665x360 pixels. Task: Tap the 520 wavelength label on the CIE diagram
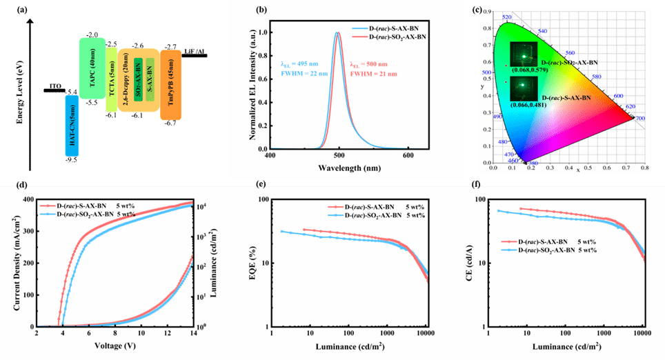[x=506, y=17]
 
